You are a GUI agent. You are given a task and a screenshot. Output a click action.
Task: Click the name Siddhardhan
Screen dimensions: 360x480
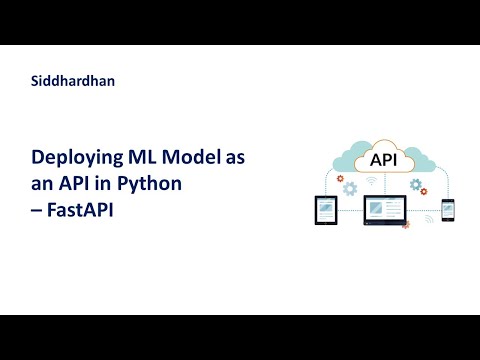click(x=73, y=82)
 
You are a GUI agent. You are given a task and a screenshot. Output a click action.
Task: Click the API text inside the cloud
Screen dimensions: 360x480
click(x=382, y=160)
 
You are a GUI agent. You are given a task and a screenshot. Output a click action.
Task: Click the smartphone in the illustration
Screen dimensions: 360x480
click(x=448, y=209)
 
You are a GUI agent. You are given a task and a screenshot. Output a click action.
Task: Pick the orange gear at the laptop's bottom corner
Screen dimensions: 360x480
click(x=404, y=225)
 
